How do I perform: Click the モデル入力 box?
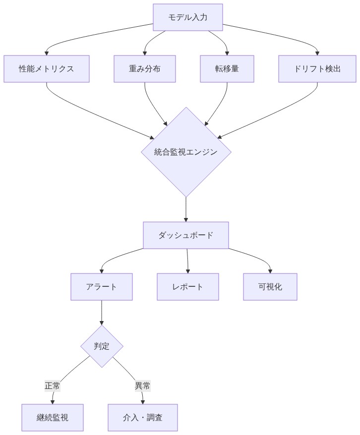pos(187,17)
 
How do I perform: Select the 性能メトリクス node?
pos(47,69)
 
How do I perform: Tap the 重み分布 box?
pos(145,69)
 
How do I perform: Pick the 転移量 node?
pos(227,69)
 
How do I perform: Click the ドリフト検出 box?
pos(317,69)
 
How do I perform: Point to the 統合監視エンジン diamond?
pos(186,152)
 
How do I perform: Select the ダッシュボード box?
pos(186,235)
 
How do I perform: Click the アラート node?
pos(102,287)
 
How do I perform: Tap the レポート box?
pos(188,287)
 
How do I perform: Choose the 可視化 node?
pos(270,287)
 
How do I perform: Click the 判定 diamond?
pos(102,346)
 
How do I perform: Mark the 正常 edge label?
pos(53,386)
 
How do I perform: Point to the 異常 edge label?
pos(143,386)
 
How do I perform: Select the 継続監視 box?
pos(53,417)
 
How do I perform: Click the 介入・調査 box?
pos(143,417)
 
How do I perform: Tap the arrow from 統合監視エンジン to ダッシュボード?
pos(186,209)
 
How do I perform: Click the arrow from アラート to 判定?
pos(102,312)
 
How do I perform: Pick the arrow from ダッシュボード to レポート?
pos(187,261)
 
